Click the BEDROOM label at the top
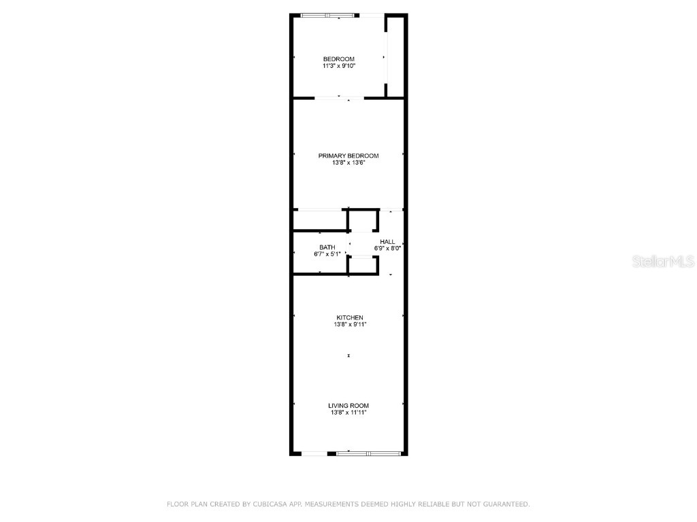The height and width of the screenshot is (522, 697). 338,59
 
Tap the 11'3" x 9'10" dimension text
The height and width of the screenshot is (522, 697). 338,67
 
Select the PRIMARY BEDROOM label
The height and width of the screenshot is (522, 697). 348,156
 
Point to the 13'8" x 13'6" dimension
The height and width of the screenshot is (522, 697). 348,163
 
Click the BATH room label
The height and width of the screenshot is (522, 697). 327,247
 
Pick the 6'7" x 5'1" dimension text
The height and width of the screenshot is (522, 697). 327,255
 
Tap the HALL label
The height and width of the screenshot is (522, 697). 387,241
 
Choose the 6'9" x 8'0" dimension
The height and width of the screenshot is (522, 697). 387,249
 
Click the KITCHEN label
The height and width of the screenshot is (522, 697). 349,317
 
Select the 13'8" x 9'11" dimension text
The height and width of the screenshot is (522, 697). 349,325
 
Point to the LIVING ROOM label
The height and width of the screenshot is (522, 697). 349,406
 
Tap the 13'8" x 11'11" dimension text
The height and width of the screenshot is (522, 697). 349,413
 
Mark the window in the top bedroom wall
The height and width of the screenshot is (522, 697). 328,15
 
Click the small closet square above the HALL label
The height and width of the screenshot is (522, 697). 362,221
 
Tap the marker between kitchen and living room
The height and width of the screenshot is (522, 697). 348,355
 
